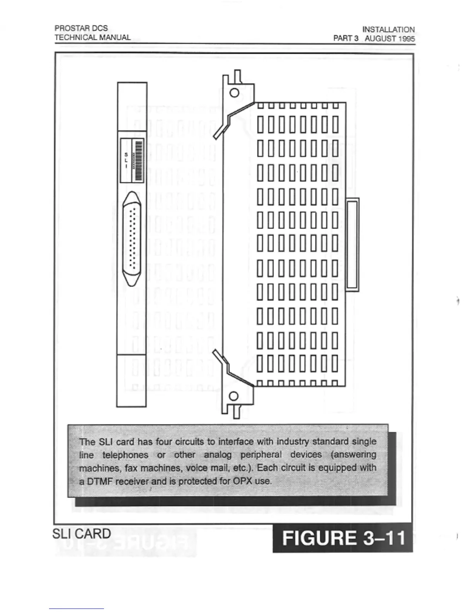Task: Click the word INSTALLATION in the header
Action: pyautogui.click(x=388, y=29)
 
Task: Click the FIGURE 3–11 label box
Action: pyautogui.click(x=343, y=538)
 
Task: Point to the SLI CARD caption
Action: pyautogui.click(x=82, y=534)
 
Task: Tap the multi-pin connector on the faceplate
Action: pyautogui.click(x=132, y=239)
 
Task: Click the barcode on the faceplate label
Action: pyautogui.click(x=138, y=160)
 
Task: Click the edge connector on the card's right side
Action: pyautogui.click(x=352, y=244)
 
